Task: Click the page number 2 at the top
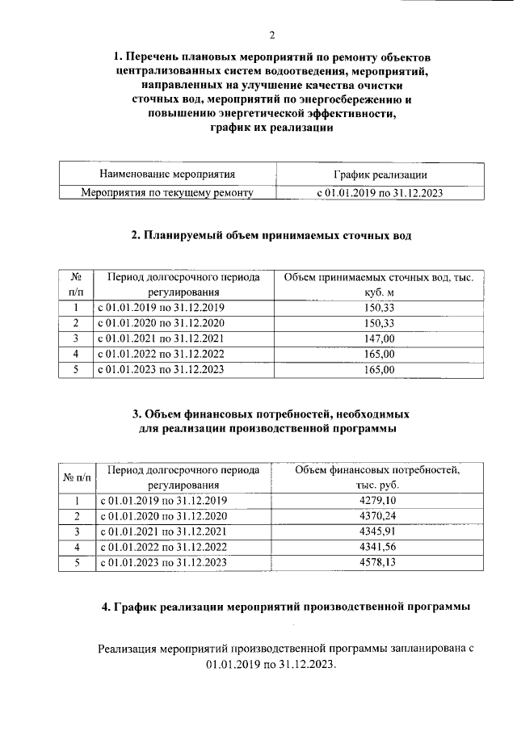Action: pos(271,35)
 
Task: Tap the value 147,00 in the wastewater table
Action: pos(379,338)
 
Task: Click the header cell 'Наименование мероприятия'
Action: pos(167,174)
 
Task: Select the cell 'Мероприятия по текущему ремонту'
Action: pos(167,192)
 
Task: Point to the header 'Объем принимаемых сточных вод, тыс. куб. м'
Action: pos(379,284)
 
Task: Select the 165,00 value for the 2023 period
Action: pos(379,370)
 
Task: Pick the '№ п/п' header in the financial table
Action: pos(78,477)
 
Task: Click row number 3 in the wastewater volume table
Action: pos(75,338)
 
